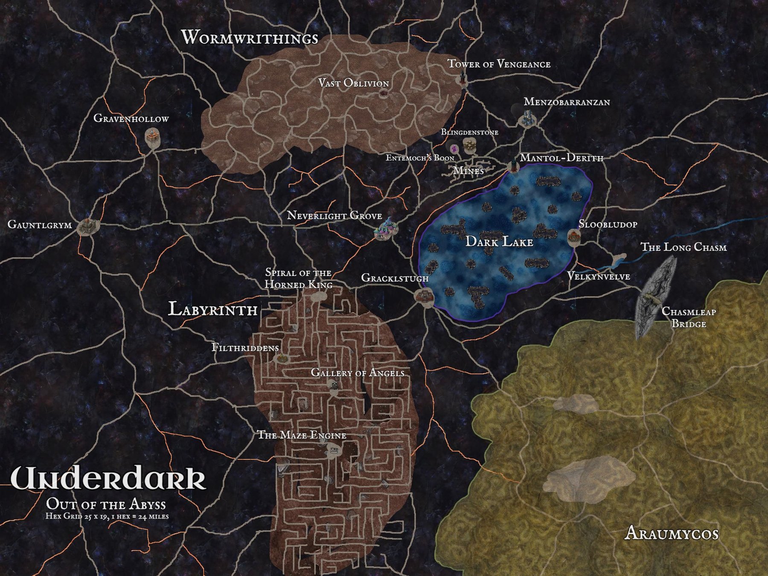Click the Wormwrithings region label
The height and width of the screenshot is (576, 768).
click(x=250, y=38)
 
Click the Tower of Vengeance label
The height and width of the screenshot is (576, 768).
click(x=499, y=64)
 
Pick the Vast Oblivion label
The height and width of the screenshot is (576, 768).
click(x=353, y=83)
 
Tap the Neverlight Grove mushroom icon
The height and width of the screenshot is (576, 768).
click(x=386, y=229)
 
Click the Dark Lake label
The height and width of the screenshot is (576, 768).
click(x=499, y=242)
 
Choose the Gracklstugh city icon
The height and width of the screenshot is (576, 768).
click(x=424, y=296)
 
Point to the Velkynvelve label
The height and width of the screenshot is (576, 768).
click(x=598, y=276)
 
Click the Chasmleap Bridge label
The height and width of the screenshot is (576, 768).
click(x=688, y=317)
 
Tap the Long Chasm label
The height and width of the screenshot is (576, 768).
click(x=684, y=247)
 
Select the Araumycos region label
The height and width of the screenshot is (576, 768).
click(x=671, y=533)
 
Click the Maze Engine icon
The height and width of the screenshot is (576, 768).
click(x=333, y=450)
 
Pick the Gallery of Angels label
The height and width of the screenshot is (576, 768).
click(x=358, y=372)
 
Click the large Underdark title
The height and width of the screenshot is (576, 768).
click(x=108, y=479)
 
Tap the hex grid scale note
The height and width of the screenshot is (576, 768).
click(x=107, y=516)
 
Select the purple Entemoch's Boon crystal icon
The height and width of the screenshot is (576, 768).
click(x=454, y=148)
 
